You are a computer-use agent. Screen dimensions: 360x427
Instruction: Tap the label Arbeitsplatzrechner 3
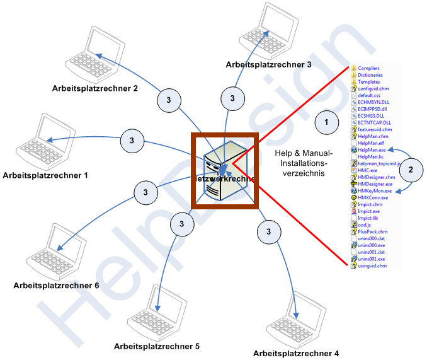point(269,64)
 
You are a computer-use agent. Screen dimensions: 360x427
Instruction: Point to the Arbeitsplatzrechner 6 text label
point(56,286)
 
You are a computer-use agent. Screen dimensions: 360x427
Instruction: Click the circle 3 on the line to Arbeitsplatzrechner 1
point(132,140)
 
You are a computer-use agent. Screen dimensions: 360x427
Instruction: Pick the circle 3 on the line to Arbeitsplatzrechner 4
point(269,232)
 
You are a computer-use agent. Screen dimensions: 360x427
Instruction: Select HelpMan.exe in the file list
point(371,150)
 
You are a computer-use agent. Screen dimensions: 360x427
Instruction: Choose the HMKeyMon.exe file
point(374,190)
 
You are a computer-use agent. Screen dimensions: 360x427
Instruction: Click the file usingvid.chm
point(371,265)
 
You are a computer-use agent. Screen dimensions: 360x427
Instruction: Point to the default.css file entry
point(370,95)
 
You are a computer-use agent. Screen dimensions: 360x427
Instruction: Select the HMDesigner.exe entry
point(375,184)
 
